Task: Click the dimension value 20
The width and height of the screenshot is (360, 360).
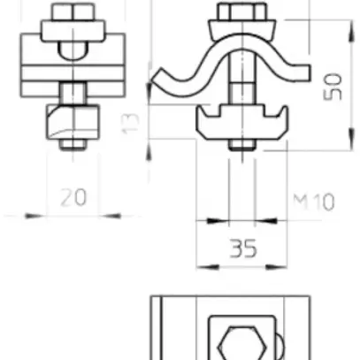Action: [73, 196]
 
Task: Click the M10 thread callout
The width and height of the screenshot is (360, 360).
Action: [313, 202]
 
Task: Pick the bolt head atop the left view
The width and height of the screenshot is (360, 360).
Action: [70, 17]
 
